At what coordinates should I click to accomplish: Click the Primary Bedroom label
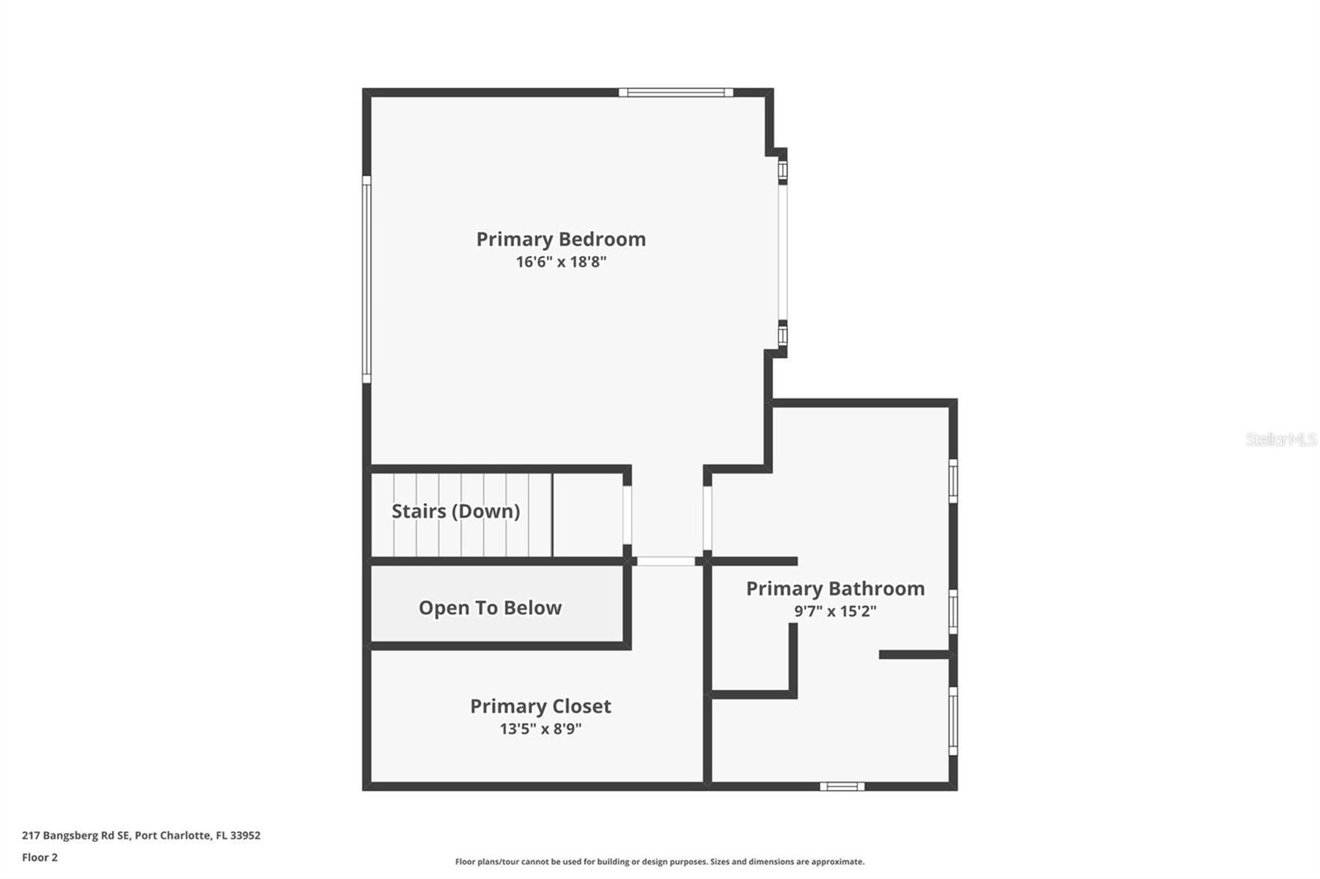(x=561, y=239)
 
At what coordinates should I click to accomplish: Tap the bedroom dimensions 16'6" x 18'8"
(x=561, y=262)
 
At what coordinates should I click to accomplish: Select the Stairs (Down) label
(x=455, y=511)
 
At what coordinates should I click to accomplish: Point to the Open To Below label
(x=490, y=608)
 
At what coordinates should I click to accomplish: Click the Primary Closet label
(x=540, y=706)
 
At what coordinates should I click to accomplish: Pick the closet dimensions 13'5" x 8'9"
(x=540, y=729)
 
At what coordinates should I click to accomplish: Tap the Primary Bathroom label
(x=835, y=589)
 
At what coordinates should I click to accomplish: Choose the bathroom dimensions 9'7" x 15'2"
(x=835, y=611)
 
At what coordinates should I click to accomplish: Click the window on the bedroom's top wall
(x=676, y=92)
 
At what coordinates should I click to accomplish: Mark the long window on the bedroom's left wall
(x=366, y=279)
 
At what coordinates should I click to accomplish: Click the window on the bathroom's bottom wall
(x=841, y=786)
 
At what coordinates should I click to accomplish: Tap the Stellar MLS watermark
(x=1280, y=439)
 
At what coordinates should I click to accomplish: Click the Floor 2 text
(x=40, y=858)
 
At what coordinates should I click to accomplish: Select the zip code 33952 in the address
(x=246, y=835)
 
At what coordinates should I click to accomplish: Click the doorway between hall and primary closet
(x=667, y=562)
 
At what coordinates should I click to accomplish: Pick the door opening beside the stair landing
(x=627, y=515)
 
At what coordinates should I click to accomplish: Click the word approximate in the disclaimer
(x=837, y=862)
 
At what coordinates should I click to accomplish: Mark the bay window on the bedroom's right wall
(x=783, y=251)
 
